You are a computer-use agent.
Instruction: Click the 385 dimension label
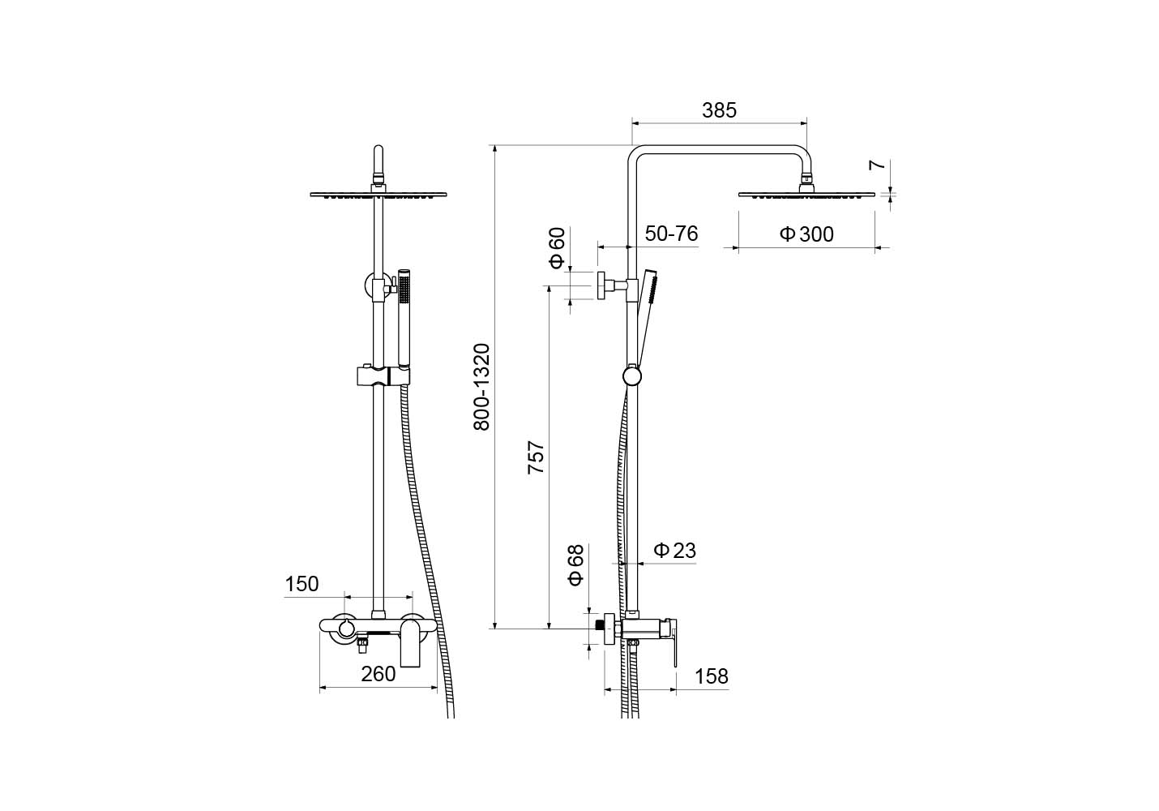click(x=719, y=110)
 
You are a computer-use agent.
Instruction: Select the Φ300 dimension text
click(x=806, y=234)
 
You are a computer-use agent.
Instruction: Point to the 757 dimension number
click(x=536, y=457)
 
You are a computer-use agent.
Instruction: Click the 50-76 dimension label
click(x=671, y=234)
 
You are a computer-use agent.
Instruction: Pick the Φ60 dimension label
click(x=558, y=248)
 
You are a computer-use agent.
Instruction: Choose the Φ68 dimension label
click(x=576, y=565)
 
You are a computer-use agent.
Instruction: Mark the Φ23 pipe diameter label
click(x=674, y=550)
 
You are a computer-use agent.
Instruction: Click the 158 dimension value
click(x=711, y=676)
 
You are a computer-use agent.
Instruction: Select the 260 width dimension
click(x=378, y=674)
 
